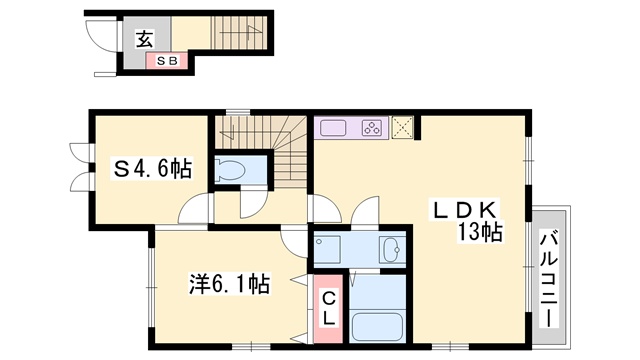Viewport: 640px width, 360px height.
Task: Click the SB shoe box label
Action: pyautogui.click(x=167, y=61)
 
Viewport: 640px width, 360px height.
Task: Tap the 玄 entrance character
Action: pyautogui.click(x=145, y=40)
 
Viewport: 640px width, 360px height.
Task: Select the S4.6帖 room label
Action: pyautogui.click(x=153, y=169)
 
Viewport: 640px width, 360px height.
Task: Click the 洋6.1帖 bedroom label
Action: pyautogui.click(x=229, y=284)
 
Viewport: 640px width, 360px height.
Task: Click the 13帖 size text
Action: pyautogui.click(x=479, y=232)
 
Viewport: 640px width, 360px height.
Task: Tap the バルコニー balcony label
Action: pyautogui.click(x=549, y=279)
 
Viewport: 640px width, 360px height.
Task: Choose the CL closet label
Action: pyautogui.click(x=329, y=309)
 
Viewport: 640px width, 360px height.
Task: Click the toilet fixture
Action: pyautogui.click(x=229, y=171)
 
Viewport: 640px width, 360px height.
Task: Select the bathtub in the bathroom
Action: pyautogui.click(x=377, y=327)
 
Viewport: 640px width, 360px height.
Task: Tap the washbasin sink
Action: pyautogui.click(x=393, y=249)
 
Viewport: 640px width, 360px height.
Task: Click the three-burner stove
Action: pyautogui.click(x=372, y=128)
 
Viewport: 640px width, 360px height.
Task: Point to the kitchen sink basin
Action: pyautogui.click(x=333, y=128)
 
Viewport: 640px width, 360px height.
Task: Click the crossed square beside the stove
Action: pyautogui.click(x=402, y=127)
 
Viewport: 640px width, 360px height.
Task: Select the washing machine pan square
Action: pyautogui.click(x=327, y=249)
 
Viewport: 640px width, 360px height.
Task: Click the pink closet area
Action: pyautogui.click(x=328, y=309)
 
